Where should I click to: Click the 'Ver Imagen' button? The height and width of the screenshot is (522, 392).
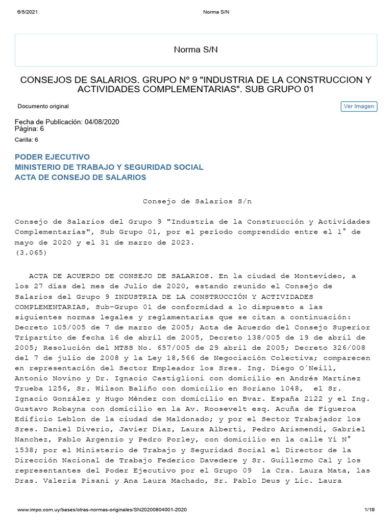point(359,107)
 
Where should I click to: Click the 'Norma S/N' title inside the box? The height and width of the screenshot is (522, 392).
point(196,49)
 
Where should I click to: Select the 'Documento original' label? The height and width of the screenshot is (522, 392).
point(43,107)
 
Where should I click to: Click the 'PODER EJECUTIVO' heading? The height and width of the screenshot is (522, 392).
point(52,157)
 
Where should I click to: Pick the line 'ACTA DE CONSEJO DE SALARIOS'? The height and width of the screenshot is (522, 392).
point(81,177)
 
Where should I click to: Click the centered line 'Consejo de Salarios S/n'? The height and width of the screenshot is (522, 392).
point(197,201)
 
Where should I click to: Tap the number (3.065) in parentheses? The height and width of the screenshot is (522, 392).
point(31,252)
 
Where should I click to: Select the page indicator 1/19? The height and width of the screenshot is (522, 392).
point(370,510)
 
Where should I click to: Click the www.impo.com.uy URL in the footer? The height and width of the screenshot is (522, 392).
point(102,510)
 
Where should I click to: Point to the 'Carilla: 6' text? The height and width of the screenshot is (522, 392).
point(27,140)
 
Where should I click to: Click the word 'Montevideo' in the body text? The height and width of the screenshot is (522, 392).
point(329,276)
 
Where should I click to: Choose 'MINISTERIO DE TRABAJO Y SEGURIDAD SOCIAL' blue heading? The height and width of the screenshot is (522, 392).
point(109,167)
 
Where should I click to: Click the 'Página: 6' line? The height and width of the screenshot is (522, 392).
point(30,129)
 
